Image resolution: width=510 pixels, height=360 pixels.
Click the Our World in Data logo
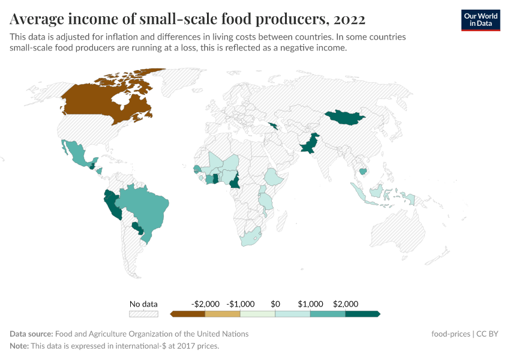coord(480,20)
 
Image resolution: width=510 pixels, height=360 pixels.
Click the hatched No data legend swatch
coord(143,314)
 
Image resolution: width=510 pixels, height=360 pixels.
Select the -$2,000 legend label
coord(205,304)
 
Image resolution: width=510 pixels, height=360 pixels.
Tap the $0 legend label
coord(275,304)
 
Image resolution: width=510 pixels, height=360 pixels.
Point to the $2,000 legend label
coord(346,304)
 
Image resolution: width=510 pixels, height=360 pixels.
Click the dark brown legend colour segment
coord(188,314)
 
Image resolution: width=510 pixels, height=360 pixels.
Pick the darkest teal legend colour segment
coord(362,314)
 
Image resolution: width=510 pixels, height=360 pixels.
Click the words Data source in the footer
coord(31,334)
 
